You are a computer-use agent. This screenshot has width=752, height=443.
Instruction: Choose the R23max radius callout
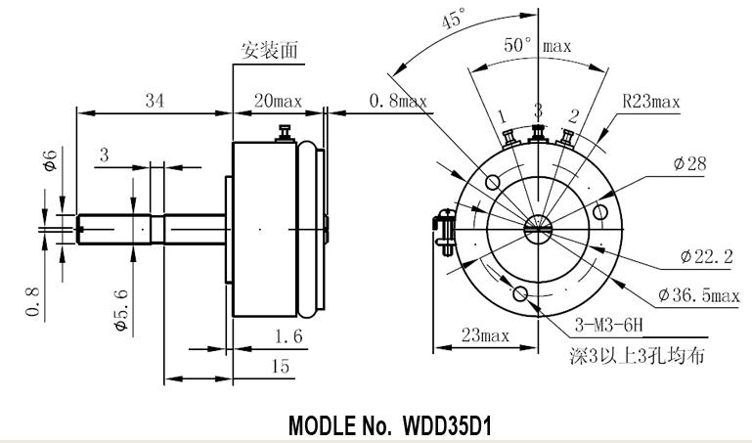tap(651, 101)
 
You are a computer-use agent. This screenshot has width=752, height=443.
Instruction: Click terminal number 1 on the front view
tap(503, 116)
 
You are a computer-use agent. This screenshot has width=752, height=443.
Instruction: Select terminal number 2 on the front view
tap(574, 116)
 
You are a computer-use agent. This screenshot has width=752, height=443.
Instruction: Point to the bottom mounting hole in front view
tap(520, 294)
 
